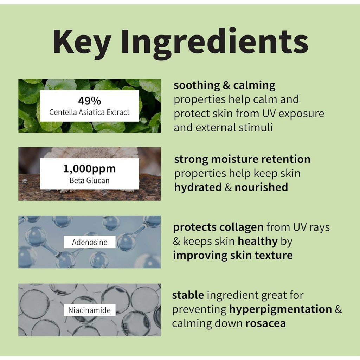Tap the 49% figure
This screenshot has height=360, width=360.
[89, 101]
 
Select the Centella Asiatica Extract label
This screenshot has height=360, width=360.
[89, 112]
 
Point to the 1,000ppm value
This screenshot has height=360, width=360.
[89, 169]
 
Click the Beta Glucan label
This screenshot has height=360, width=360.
[89, 180]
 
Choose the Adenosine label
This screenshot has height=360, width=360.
[90, 242]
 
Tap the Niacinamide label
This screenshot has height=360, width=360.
[89, 310]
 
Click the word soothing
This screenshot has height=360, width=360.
[196, 85]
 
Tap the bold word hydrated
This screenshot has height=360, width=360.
[198, 187]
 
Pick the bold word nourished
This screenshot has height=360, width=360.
[261, 187]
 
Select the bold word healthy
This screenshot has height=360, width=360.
[258, 242]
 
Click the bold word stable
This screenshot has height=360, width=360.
[188, 295]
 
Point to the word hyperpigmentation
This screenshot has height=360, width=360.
[280, 309]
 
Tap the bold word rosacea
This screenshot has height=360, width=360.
[266, 323]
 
